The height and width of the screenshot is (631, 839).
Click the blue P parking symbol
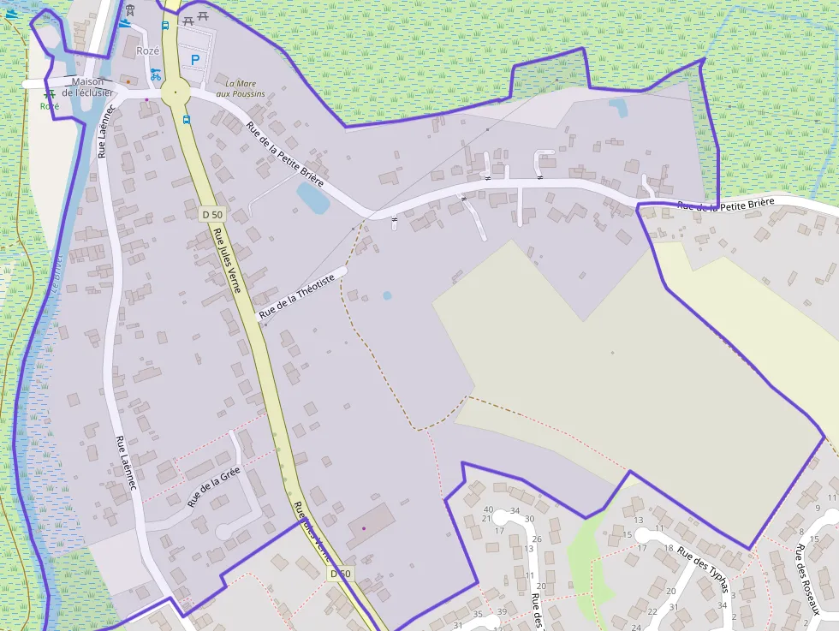195,60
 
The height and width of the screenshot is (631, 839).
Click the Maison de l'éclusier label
87,87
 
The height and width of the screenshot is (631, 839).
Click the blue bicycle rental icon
155,74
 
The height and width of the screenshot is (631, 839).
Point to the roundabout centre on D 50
176,92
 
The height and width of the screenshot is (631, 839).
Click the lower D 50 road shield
340,574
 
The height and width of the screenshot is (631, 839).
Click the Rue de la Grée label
214,487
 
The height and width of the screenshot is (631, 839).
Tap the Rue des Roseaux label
807,579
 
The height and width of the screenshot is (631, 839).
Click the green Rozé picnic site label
50,106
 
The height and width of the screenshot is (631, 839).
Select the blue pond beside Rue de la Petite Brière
312,198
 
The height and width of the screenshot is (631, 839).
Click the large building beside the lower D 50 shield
370,523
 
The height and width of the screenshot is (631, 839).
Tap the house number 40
488,509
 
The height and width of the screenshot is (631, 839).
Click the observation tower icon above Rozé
130,10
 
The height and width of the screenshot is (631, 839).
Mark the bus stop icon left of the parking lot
165,25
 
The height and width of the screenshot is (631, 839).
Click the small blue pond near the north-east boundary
617,107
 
